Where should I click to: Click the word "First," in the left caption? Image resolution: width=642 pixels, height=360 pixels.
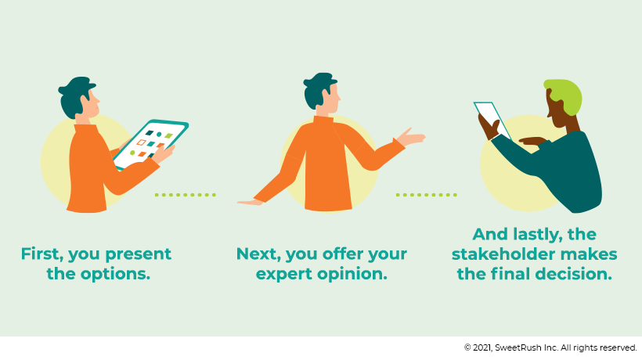tap(42, 254)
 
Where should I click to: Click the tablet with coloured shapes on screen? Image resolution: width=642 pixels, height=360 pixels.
tap(150, 145)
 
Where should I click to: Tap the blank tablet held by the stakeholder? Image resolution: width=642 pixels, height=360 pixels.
tap(492, 121)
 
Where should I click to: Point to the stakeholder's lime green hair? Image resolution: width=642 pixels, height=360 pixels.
tap(565, 96)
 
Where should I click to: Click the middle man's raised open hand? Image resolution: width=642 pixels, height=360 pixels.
tap(411, 137)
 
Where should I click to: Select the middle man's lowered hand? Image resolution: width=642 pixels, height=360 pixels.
tap(251, 202)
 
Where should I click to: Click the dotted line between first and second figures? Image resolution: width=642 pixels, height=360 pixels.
tap(185, 195)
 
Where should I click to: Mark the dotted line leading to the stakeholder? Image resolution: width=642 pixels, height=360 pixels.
tap(426, 195)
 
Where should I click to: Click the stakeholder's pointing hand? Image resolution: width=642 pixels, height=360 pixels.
tap(532, 142)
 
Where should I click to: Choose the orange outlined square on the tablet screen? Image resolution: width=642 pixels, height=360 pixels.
tap(141, 142)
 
